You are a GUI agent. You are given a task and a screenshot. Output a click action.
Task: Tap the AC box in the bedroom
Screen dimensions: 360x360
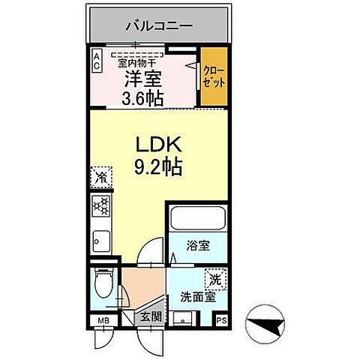(97, 60)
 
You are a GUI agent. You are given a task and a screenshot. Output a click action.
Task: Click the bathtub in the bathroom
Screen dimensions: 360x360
(196, 218)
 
